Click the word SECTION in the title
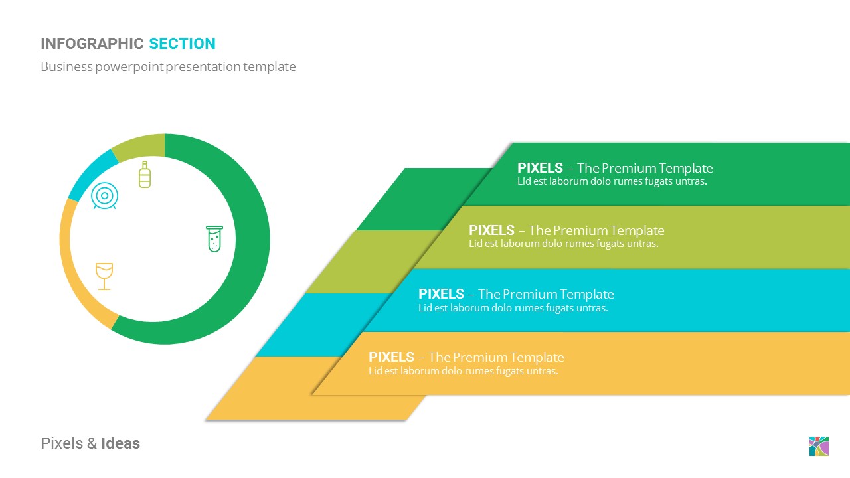pyautogui.click(x=182, y=44)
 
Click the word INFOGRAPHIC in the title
pyautogui.click(x=92, y=44)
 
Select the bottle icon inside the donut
pyautogui.click(x=145, y=174)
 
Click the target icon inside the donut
pyautogui.click(x=104, y=196)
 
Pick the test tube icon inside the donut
pyautogui.click(x=214, y=238)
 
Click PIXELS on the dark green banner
pyautogui.click(x=540, y=168)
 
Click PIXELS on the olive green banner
pyautogui.click(x=491, y=230)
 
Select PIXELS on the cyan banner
pyautogui.click(x=441, y=294)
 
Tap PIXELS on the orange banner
pyautogui.click(x=391, y=357)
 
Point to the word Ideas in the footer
pyautogui.click(x=120, y=443)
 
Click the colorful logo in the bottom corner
pyautogui.click(x=819, y=446)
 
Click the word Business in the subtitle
pyautogui.click(x=66, y=66)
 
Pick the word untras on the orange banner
pyautogui.click(x=543, y=371)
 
